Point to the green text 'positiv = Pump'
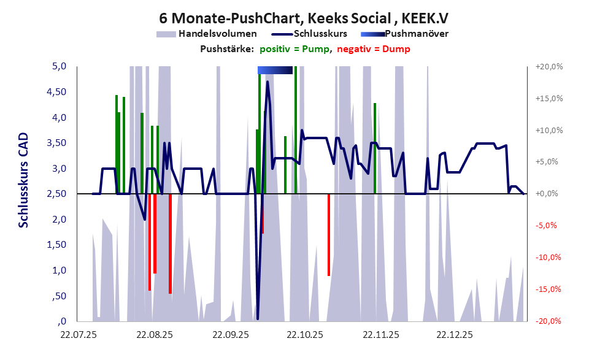click(295, 49)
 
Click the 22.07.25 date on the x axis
click(78, 335)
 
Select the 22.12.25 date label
click(455, 335)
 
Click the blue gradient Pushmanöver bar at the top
click(275, 70)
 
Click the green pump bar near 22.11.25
click(375, 147)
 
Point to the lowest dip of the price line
click(258, 318)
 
